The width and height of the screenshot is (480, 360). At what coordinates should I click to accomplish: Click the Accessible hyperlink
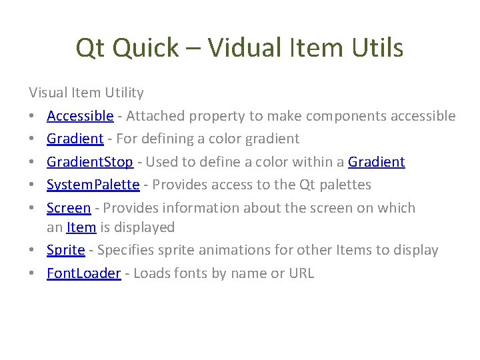click(x=80, y=116)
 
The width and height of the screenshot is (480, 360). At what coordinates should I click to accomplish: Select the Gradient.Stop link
click(x=90, y=162)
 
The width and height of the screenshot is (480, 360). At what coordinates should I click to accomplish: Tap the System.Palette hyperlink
click(x=93, y=185)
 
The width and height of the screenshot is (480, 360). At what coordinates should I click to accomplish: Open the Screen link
click(x=69, y=207)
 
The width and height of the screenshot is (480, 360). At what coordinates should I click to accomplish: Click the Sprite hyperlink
click(x=66, y=250)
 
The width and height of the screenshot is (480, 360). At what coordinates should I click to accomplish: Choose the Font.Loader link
click(x=84, y=273)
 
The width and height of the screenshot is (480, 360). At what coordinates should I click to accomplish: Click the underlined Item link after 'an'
click(x=81, y=227)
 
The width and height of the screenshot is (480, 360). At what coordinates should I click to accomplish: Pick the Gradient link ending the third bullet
click(x=376, y=162)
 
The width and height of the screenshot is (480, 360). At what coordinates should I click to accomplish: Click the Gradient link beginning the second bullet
click(x=75, y=139)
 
